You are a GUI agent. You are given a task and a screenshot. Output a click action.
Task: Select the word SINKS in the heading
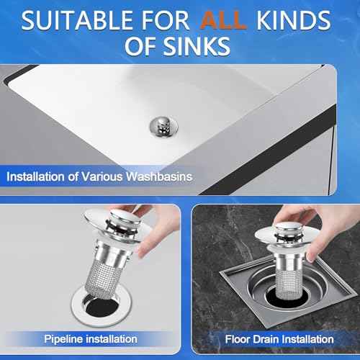(196, 48)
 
